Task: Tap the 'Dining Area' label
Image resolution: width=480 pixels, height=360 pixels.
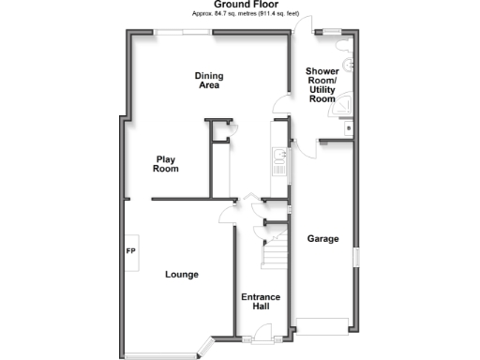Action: tap(208, 81)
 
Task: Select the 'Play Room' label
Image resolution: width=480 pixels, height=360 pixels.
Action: tap(166, 164)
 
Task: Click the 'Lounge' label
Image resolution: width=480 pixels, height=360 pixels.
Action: tap(181, 275)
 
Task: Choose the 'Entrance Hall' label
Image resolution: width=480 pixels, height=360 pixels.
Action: tap(261, 302)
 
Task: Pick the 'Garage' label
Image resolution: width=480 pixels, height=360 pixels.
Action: tap(323, 238)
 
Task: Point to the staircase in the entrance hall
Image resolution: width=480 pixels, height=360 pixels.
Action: tap(275, 248)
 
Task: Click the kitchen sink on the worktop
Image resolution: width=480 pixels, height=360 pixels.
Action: tap(278, 162)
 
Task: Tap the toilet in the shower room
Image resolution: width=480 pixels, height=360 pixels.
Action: tap(348, 65)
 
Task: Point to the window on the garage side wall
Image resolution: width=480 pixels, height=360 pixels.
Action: tap(354, 258)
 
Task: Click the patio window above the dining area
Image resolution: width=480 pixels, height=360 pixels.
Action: tap(183, 33)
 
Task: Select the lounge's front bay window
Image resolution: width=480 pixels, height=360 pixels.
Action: tap(159, 355)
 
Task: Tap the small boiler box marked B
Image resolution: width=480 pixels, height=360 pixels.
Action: tap(348, 127)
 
